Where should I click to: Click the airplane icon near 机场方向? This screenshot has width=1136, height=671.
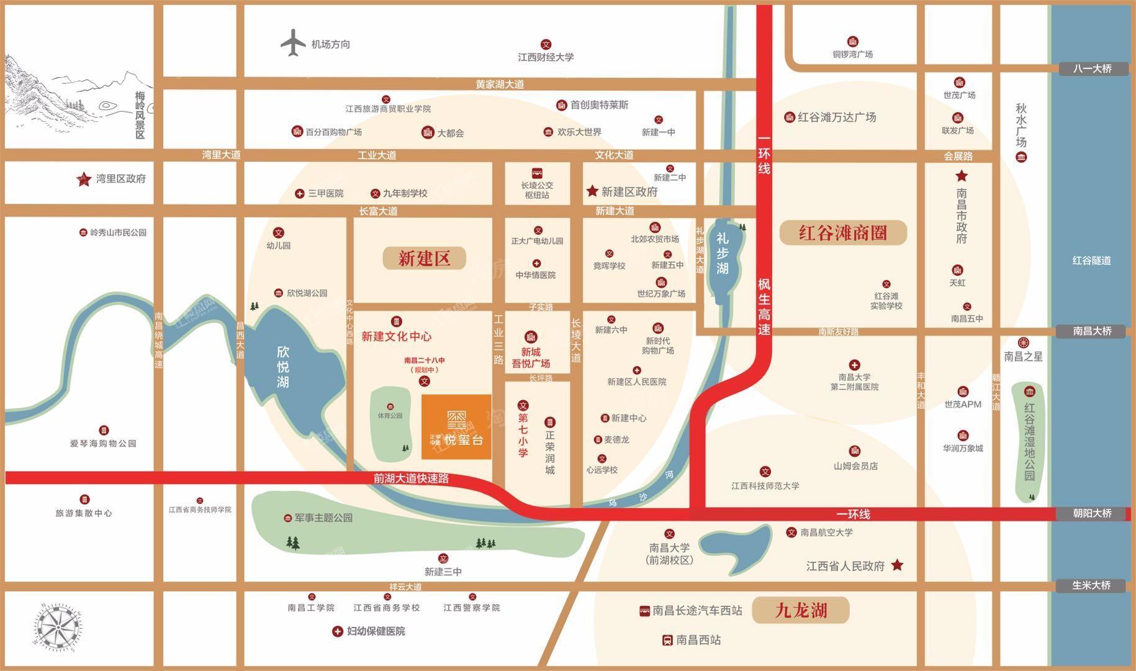pos(293,43)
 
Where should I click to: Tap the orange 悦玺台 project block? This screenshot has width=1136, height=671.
pos(456,427)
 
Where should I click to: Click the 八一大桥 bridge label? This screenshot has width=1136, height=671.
pos(1092,69)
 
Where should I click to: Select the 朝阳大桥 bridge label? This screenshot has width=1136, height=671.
pos(1092,514)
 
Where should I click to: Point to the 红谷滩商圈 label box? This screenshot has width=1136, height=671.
pos(842,233)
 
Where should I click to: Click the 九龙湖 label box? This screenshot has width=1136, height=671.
pos(801,610)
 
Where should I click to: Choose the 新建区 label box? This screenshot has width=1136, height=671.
pos(424,258)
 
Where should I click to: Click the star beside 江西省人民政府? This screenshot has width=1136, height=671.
pos(897,565)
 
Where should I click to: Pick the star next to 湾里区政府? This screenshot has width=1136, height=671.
pos(83,180)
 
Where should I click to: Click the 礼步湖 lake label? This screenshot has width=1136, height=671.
pos(723,253)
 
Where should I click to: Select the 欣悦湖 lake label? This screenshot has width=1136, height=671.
pos(283,367)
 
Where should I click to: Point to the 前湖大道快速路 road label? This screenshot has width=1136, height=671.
pos(411,479)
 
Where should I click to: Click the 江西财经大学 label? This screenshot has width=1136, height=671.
pos(546,57)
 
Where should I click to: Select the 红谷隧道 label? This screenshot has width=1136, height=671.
pos(1091,260)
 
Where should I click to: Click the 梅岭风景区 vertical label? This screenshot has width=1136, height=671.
pos(140,115)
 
